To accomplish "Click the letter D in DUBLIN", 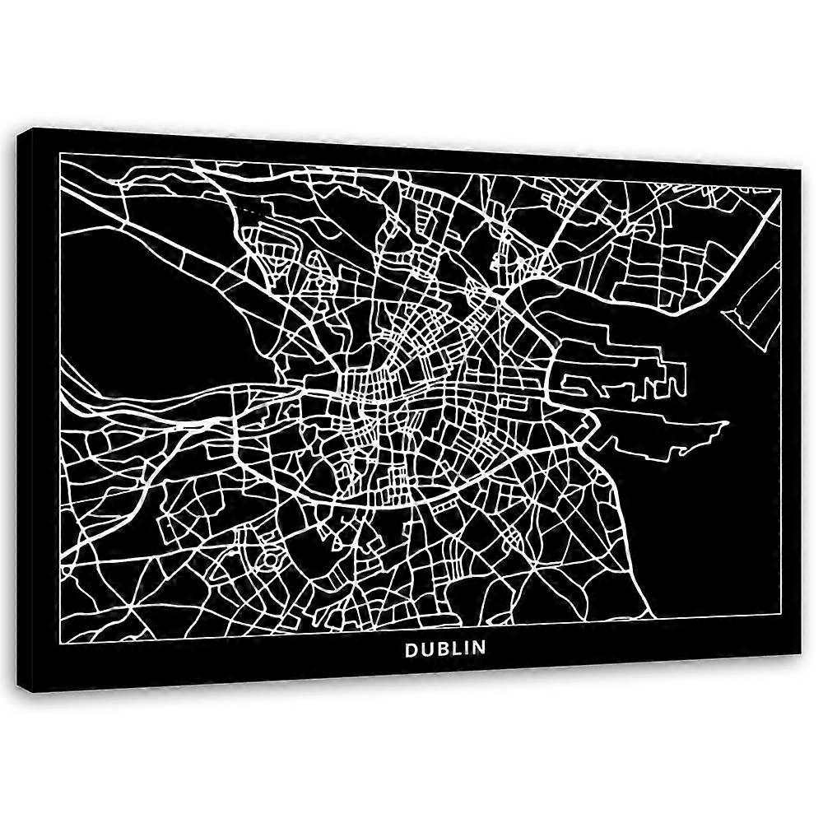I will (x=411, y=649).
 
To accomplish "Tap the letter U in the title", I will (x=426, y=649).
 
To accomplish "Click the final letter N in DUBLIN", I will (x=479, y=649).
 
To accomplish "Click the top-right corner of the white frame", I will (x=779, y=188).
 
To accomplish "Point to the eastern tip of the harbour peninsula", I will (x=728, y=424).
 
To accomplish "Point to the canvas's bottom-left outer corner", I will (x=30, y=690).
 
